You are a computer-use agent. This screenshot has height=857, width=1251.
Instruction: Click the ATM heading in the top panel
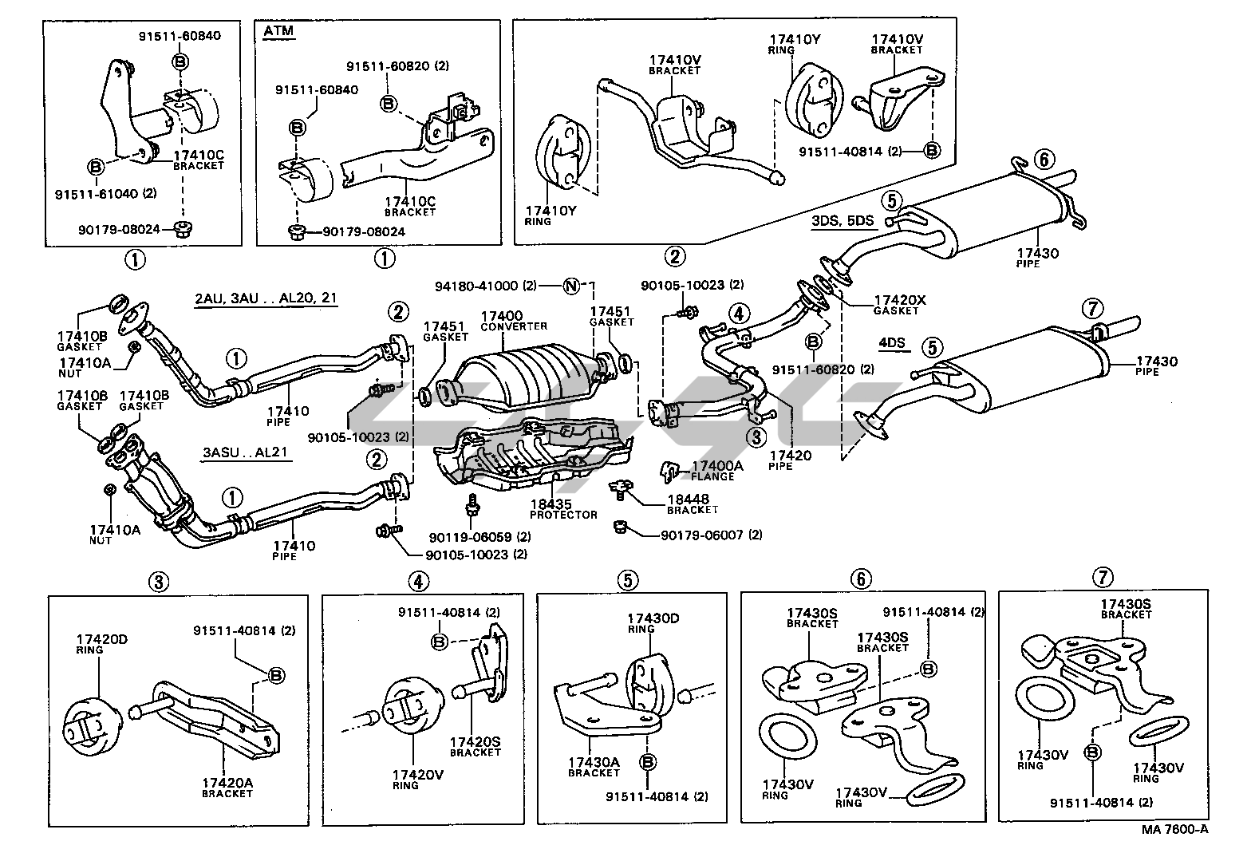point(278,31)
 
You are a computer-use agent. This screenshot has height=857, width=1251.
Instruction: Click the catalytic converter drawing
point(530,374)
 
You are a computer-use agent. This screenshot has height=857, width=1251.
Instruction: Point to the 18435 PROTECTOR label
point(563,509)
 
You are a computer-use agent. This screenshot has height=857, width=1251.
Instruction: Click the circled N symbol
point(571,285)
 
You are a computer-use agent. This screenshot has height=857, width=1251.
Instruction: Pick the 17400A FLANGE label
point(712,471)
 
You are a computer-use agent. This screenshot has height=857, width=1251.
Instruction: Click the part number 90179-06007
point(702,535)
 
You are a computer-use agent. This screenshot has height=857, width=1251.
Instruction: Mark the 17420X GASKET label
point(900,304)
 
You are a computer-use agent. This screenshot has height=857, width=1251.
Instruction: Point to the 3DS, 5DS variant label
point(843,222)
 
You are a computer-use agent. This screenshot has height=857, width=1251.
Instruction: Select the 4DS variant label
point(892,343)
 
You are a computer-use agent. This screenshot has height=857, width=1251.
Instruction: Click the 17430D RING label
point(652,622)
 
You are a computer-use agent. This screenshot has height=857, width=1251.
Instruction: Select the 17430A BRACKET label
point(594,767)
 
